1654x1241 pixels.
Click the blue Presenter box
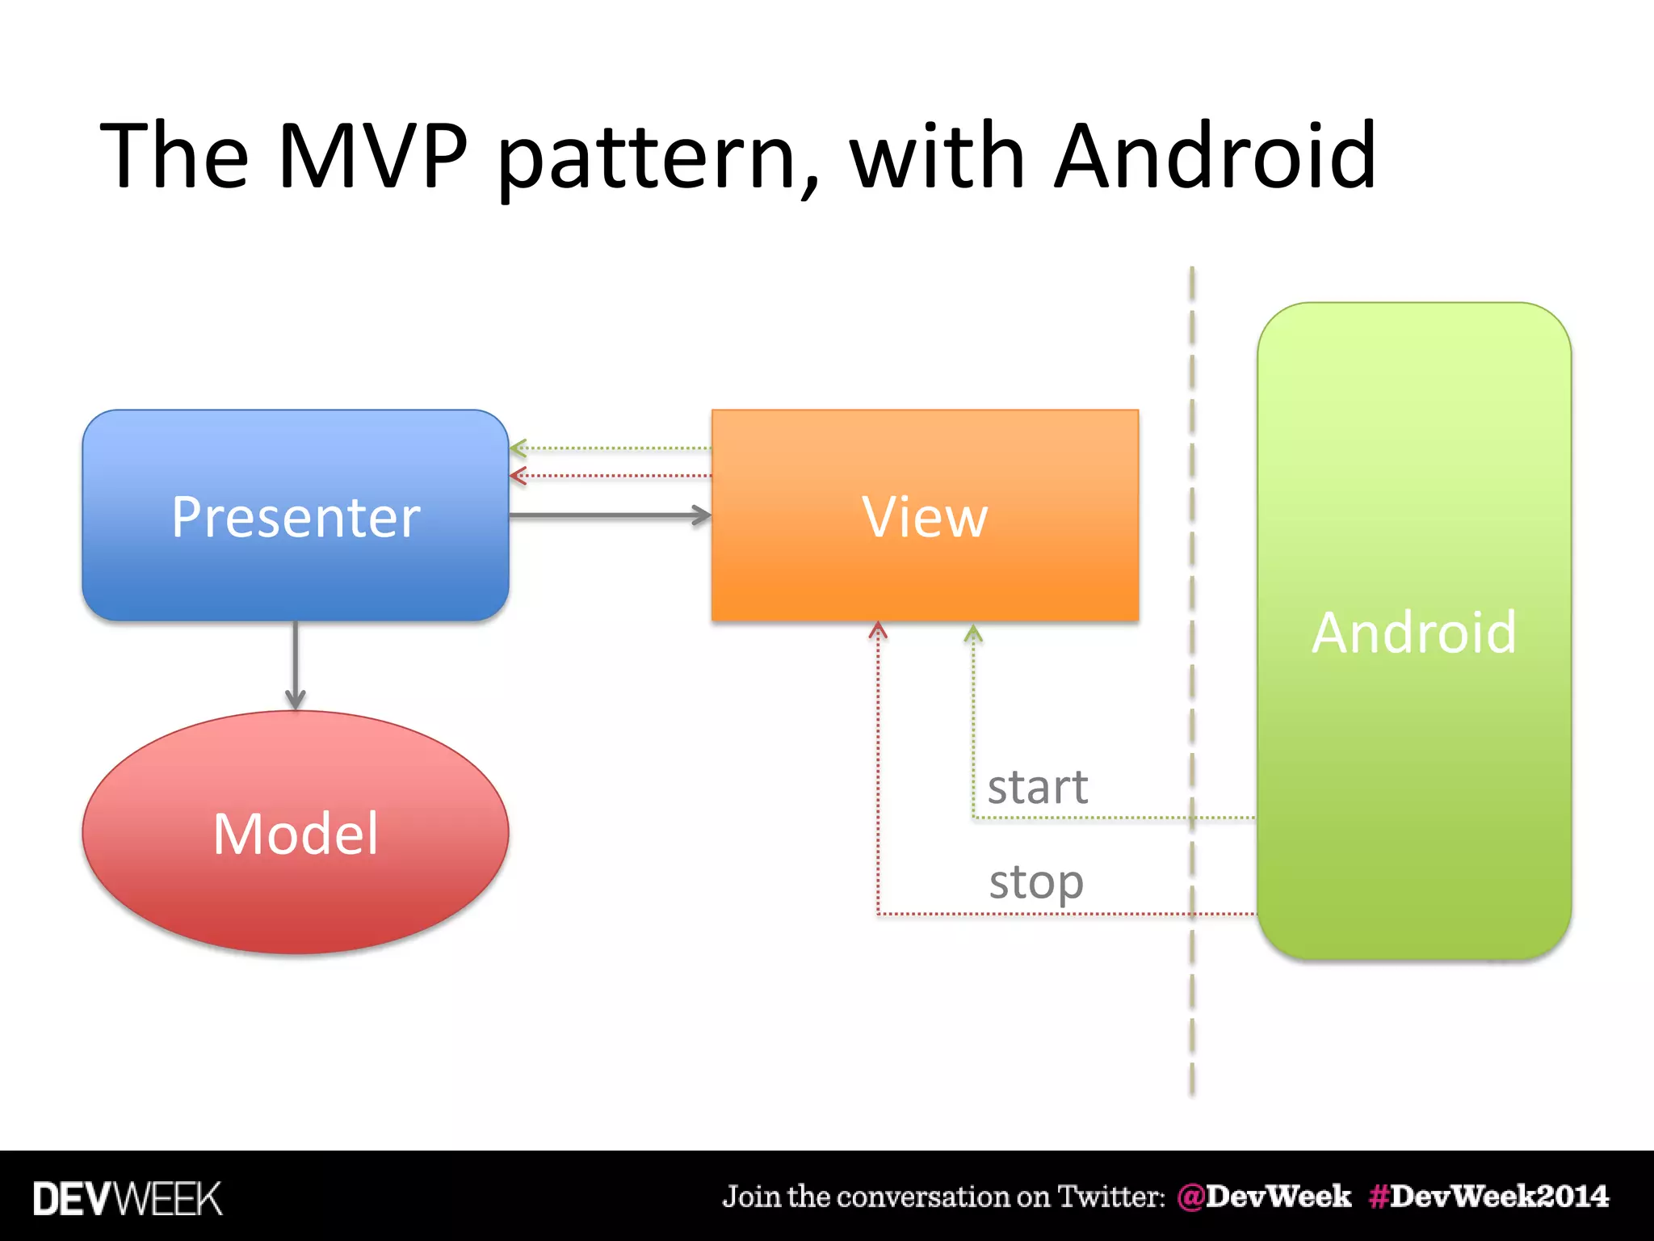click(295, 515)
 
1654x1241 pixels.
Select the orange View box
click(925, 515)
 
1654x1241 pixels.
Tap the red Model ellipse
click(295, 832)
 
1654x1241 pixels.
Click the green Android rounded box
click(1413, 630)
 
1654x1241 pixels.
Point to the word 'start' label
click(1038, 787)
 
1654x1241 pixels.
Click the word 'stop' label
click(1036, 882)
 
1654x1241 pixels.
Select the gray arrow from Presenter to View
click(610, 515)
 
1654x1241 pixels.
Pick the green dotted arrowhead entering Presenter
click(518, 448)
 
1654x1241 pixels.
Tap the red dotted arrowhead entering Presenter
click(518, 476)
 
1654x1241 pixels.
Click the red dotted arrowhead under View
click(878, 630)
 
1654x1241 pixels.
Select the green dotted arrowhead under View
click(973, 633)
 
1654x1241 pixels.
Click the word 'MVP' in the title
click(373, 155)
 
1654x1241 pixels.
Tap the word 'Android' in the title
click(1215, 155)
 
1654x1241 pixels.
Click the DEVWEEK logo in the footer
click(128, 1198)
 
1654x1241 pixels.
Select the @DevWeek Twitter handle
click(1264, 1197)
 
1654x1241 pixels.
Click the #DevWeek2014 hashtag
click(1488, 1197)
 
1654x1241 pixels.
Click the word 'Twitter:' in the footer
click(1111, 1197)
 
